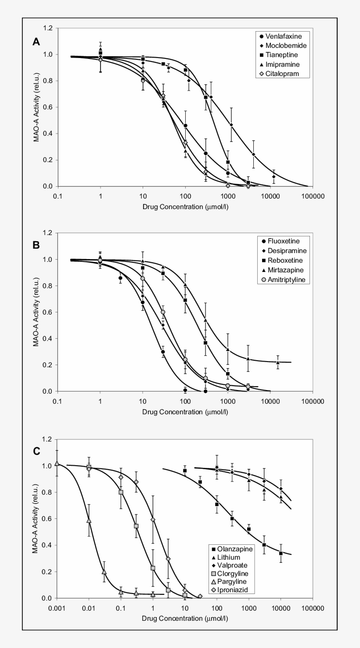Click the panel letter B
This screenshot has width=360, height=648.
click(x=36, y=245)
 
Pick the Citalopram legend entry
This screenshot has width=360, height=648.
click(x=282, y=74)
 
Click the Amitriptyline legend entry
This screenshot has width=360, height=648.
click(x=286, y=279)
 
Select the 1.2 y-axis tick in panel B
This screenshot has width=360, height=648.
click(x=48, y=233)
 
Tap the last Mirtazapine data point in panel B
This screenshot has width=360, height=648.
click(x=277, y=362)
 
